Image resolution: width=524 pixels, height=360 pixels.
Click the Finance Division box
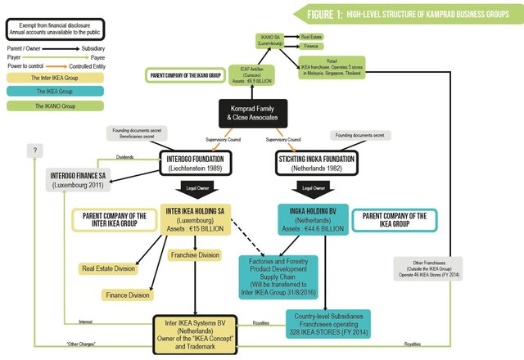click(x=126, y=295)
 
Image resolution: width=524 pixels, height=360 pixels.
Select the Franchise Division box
click(x=193, y=254)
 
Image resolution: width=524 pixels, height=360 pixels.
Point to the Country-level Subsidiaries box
click(x=329, y=322)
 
